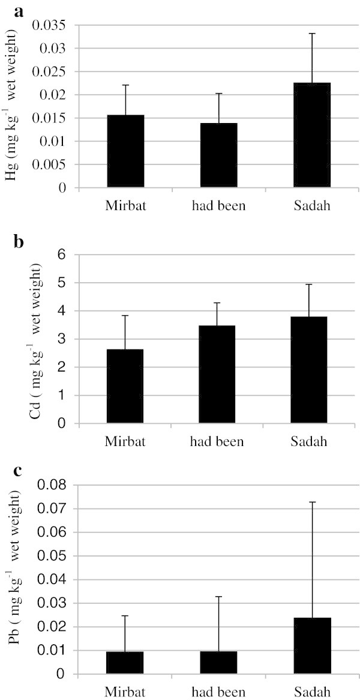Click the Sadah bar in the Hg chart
coord(312,135)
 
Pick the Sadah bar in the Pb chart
coord(312,646)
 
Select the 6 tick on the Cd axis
coord(61,255)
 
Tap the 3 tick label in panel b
coord(61,339)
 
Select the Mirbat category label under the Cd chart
coord(125,443)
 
